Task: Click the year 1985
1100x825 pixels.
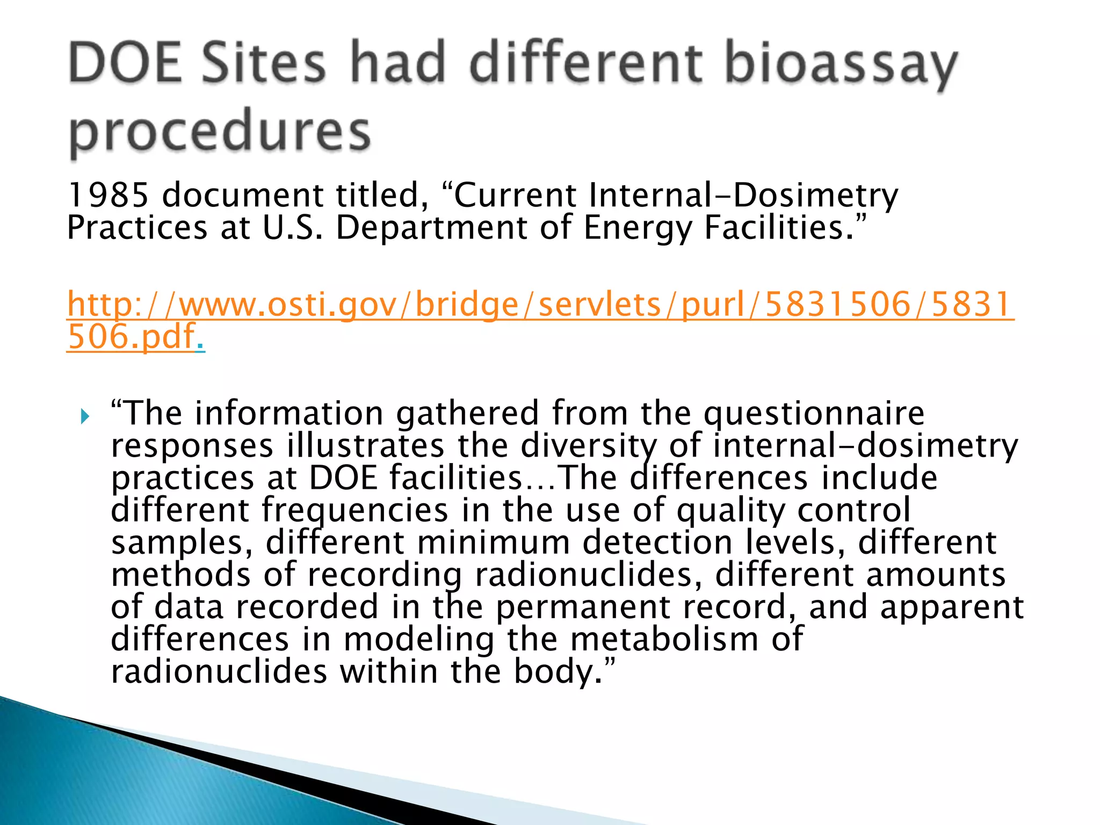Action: [107, 194]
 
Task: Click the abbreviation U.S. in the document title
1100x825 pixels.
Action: [293, 228]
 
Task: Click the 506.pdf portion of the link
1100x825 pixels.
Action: [132, 337]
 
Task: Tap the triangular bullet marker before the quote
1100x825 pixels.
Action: [85, 416]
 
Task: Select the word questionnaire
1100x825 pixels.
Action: [814, 414]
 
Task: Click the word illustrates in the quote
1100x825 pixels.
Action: [365, 446]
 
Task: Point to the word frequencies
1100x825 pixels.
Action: [354, 510]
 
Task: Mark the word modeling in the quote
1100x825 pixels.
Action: [419, 639]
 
